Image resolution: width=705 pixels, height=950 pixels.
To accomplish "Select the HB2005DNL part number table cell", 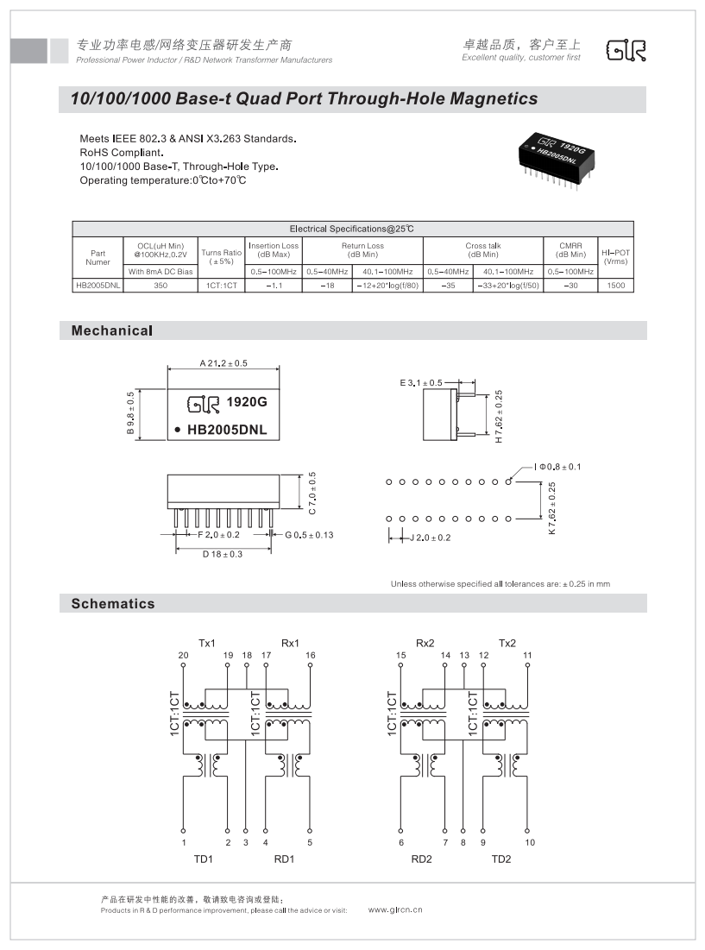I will [98, 285].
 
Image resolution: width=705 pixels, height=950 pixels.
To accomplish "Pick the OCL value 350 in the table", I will [161, 285].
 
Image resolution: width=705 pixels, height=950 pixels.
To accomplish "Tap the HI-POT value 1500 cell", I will [615, 285].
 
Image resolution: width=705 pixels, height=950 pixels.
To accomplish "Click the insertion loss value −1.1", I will [274, 285].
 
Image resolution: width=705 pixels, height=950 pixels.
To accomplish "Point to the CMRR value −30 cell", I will [570, 285].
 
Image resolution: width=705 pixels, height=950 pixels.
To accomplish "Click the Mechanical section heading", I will [112, 330].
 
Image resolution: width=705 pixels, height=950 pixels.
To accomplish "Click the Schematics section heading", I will [113, 604].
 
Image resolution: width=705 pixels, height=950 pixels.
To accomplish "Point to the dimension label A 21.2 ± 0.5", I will [223, 363].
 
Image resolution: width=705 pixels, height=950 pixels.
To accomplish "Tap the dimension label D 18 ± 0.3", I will [223, 554].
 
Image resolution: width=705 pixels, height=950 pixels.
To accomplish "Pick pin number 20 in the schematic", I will [183, 656].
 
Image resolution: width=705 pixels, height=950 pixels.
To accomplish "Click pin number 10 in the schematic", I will [530, 842].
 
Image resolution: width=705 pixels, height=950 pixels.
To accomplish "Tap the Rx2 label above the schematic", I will [425, 643].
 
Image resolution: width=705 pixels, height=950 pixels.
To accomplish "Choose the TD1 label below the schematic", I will [204, 859].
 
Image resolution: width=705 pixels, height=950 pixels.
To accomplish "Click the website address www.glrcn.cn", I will [395, 909].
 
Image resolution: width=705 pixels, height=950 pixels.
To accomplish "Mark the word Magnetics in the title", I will [490, 99].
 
